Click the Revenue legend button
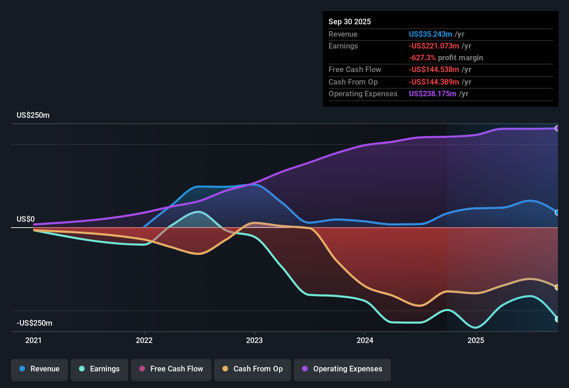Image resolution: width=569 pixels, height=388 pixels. [40, 369]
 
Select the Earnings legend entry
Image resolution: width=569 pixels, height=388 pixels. [99, 369]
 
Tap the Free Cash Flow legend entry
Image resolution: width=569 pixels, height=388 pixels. [171, 369]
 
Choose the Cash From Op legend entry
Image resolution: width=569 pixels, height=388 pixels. [253, 369]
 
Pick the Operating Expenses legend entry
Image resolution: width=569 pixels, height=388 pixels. [342, 369]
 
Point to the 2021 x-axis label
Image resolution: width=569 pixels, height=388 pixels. [34, 340]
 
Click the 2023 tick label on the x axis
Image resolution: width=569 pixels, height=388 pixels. [254, 340]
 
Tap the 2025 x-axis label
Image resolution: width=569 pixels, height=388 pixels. [475, 340]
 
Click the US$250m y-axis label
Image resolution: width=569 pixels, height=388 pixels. [33, 115]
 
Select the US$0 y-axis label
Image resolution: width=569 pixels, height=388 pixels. [26, 219]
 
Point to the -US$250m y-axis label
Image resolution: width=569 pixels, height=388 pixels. [35, 323]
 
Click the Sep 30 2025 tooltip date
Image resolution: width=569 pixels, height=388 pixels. [350, 21]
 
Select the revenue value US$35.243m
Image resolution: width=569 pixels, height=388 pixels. [430, 34]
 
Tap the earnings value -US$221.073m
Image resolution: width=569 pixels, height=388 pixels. [434, 46]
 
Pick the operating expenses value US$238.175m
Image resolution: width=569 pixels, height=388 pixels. [432, 94]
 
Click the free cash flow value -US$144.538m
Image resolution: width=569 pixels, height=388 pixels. [434, 69]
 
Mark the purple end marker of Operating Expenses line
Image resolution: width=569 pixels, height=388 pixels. [557, 129]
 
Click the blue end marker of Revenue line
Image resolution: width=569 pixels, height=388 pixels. [557, 213]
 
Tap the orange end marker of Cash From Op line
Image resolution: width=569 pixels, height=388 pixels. [557, 287]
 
